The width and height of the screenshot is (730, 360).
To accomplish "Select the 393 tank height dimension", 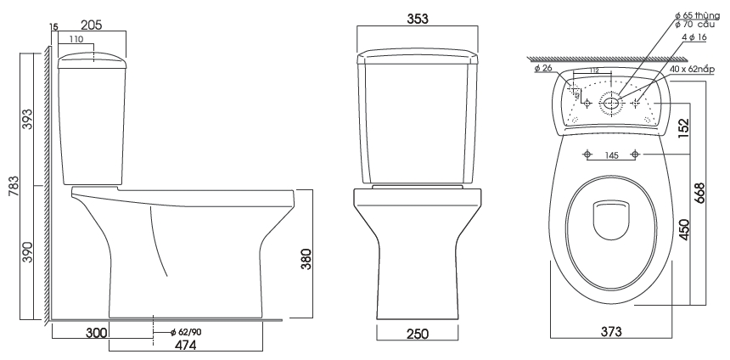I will click(x=28, y=124).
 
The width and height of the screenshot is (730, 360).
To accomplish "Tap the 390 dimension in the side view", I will click(x=28, y=252).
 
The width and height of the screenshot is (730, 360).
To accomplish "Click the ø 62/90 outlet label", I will click(x=184, y=331).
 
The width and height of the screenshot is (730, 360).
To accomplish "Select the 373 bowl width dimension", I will click(x=612, y=330).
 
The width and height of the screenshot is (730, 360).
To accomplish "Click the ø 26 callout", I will click(x=545, y=68).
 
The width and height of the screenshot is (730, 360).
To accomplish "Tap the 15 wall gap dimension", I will click(x=54, y=28).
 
